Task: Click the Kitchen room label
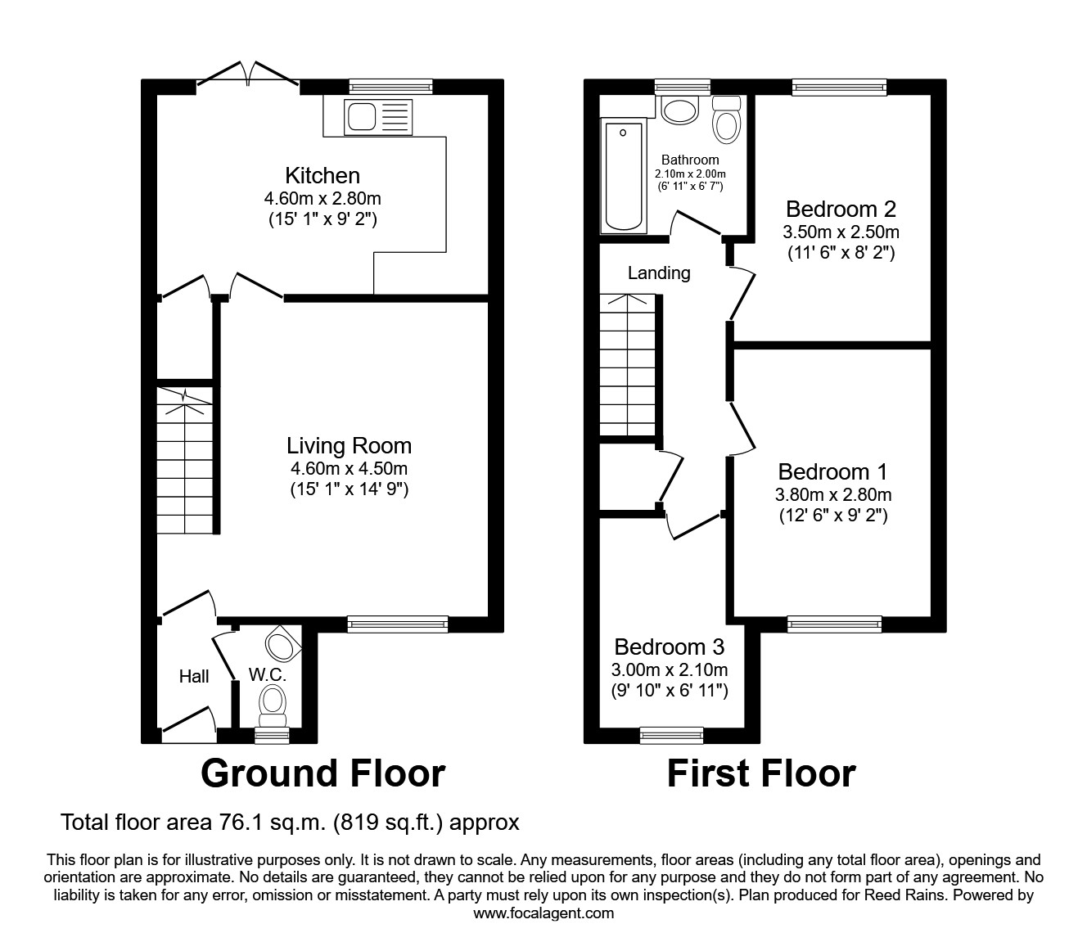click(x=322, y=175)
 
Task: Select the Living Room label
click(x=349, y=446)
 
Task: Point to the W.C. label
click(x=268, y=676)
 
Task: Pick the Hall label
click(x=194, y=676)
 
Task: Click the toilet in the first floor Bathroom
click(x=726, y=120)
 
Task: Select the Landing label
click(x=659, y=273)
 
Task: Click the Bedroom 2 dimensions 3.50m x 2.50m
click(x=841, y=232)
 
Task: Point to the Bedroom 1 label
click(x=832, y=472)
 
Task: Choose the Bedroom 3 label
click(x=669, y=647)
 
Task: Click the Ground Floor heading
click(x=322, y=773)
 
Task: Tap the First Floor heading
click(x=760, y=773)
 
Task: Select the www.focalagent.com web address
click(x=543, y=913)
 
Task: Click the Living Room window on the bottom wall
click(x=398, y=624)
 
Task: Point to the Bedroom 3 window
click(x=671, y=735)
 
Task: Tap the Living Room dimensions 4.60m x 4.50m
click(x=349, y=469)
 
